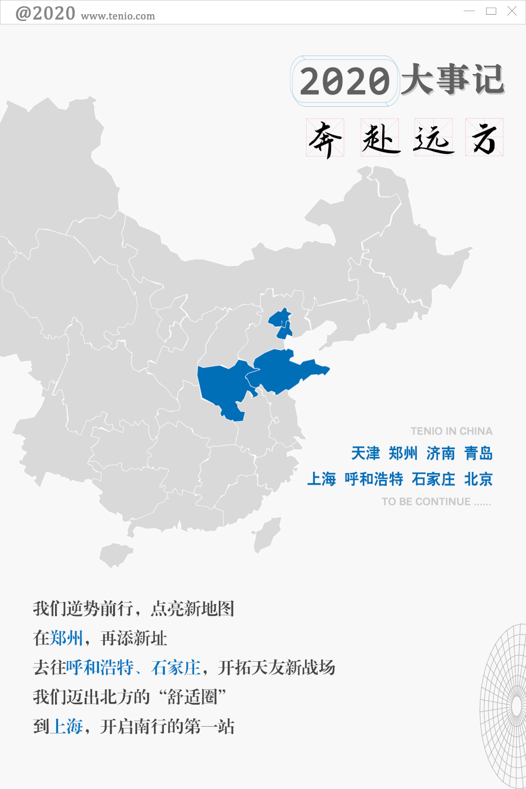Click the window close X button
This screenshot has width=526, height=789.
(512, 11)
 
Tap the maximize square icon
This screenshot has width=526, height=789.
(491, 11)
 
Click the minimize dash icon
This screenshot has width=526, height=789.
(469, 11)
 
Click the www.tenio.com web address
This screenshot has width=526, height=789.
(118, 16)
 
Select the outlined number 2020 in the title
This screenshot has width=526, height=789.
(345, 81)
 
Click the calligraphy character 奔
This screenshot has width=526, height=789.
(325, 138)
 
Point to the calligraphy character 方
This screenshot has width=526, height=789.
(484, 138)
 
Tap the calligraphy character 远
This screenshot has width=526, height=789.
(433, 138)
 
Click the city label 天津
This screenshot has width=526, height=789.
(366, 454)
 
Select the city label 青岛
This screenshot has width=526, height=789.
(478, 454)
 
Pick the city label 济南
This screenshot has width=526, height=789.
(441, 454)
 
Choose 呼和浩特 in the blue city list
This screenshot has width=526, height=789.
(374, 479)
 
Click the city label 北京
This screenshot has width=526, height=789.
(478, 479)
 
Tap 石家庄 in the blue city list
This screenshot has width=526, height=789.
(433, 479)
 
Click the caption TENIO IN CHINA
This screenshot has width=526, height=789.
(451, 431)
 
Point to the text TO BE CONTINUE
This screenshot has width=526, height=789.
(426, 502)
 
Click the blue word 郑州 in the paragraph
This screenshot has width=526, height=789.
(67, 638)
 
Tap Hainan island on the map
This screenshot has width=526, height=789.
(115, 554)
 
